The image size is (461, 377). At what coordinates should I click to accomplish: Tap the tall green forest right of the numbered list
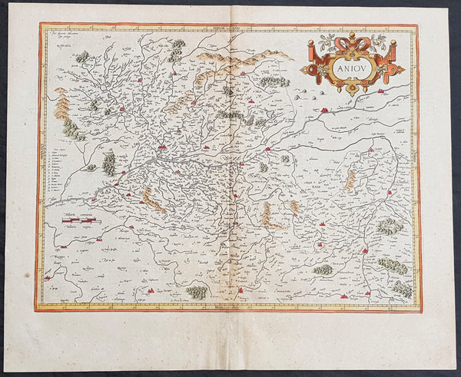pos(110,163)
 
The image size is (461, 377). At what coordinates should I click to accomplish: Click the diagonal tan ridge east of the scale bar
pos(153,201)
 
